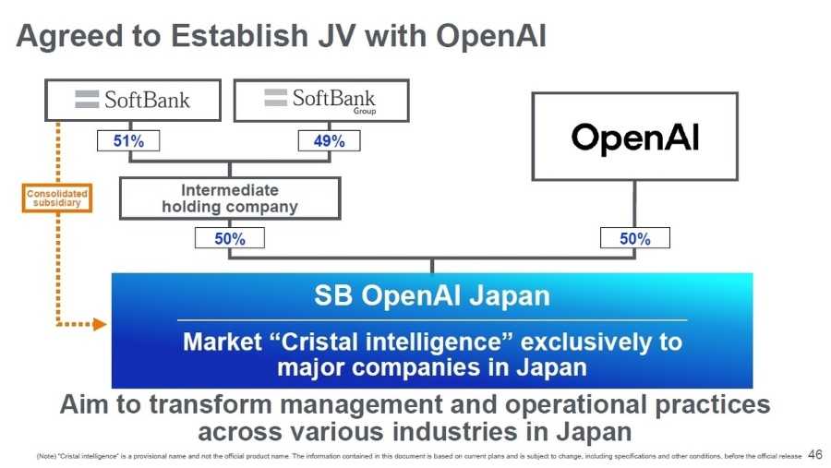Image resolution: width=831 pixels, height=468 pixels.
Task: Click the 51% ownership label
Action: point(127,141)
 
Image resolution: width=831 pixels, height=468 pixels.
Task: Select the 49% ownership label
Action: point(329,141)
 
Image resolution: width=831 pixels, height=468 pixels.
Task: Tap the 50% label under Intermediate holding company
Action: point(229,238)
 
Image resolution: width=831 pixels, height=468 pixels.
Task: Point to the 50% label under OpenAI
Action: point(634,238)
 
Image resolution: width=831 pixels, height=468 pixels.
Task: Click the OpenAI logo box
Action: point(634,137)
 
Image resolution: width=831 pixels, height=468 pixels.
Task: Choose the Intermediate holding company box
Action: point(230,198)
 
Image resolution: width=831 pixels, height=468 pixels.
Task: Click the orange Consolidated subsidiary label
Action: point(56,198)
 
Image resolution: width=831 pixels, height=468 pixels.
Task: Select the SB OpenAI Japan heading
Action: point(431,296)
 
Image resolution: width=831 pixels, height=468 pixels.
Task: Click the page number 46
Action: point(814,454)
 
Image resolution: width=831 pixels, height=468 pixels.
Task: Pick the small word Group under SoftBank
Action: point(364,111)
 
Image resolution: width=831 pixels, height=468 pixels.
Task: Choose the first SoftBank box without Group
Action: point(133,100)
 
